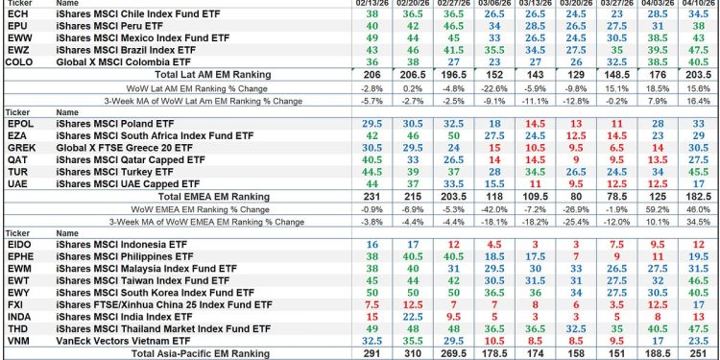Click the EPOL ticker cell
[18, 125]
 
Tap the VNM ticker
[16, 340]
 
